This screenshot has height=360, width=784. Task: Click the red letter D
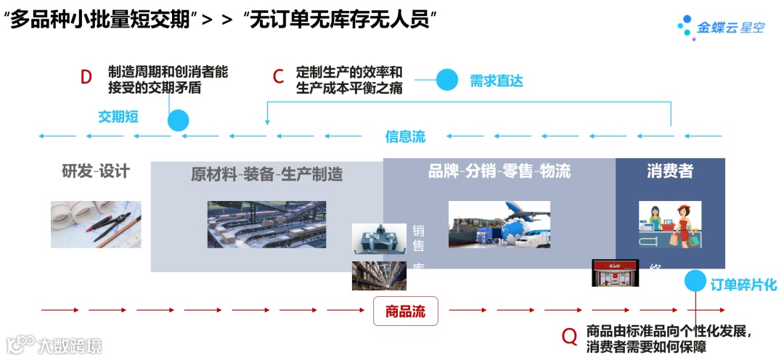click(x=86, y=78)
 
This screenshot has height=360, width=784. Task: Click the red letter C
click(x=278, y=78)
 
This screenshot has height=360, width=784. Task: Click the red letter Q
click(x=570, y=336)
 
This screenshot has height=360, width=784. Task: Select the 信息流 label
click(x=405, y=136)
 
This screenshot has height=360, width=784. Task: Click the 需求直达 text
click(x=496, y=81)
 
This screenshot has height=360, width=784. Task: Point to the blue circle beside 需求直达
click(x=447, y=80)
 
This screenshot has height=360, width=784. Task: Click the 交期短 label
click(x=118, y=116)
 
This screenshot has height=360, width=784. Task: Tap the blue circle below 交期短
click(x=178, y=120)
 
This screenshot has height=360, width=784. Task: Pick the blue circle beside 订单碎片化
click(x=695, y=280)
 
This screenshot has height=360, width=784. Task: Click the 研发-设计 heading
click(x=96, y=171)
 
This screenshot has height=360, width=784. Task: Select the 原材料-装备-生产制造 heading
click(x=267, y=174)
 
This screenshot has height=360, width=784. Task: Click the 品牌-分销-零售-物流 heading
click(x=499, y=171)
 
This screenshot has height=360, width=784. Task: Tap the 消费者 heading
click(x=670, y=171)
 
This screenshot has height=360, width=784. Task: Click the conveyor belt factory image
click(x=266, y=224)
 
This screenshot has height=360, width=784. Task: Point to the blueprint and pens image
click(x=96, y=224)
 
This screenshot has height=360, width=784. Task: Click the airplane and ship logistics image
click(x=499, y=224)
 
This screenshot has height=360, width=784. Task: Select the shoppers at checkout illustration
click(x=670, y=224)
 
